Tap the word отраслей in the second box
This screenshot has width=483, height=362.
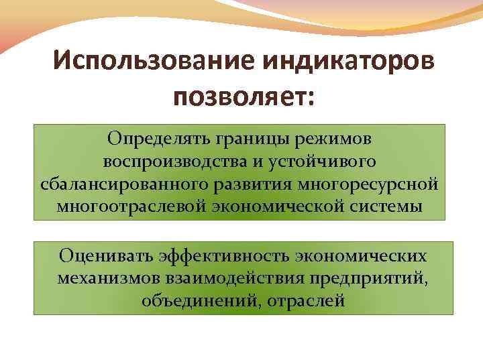306,300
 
